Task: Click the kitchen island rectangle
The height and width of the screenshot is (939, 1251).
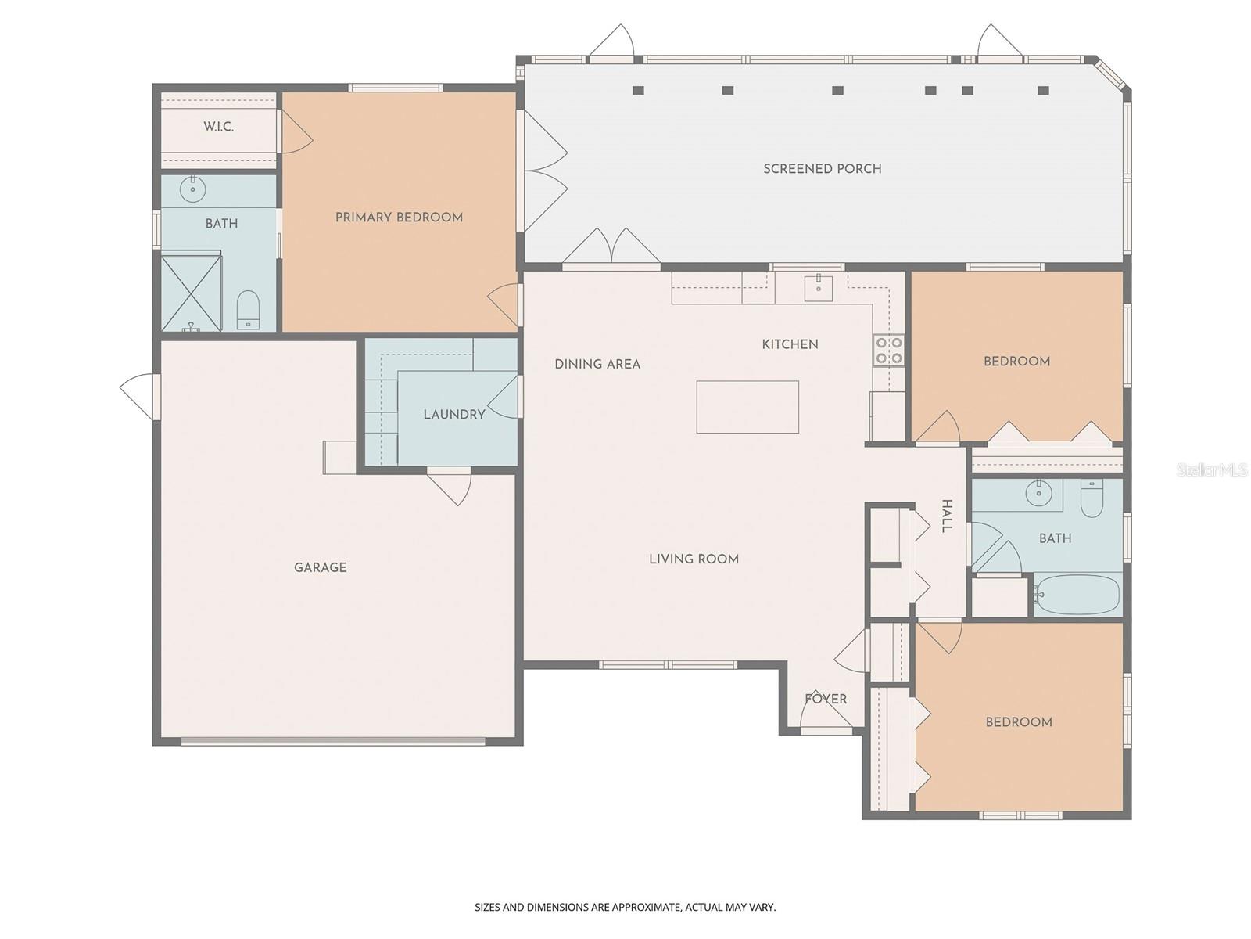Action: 747,407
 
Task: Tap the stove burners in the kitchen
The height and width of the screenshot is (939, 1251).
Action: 888,350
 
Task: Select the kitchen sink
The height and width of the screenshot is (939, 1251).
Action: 818,287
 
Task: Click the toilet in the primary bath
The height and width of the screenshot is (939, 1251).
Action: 248,310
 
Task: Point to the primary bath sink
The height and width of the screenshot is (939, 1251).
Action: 192,189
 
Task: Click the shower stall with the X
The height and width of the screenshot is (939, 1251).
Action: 191,290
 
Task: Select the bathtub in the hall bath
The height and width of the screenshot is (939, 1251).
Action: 1077,595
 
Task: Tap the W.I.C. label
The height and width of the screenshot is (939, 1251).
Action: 218,127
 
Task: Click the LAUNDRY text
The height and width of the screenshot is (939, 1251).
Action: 454,414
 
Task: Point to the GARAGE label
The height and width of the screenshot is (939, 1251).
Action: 320,567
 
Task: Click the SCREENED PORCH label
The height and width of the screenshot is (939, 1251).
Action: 822,168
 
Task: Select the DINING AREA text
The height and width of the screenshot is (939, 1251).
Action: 597,364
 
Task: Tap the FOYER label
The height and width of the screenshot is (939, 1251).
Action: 826,699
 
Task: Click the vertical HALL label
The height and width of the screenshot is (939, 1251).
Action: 946,516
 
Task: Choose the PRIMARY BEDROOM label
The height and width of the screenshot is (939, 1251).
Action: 399,218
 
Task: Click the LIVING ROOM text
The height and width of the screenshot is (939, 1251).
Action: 694,559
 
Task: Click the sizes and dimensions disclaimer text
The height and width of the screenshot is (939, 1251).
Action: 625,907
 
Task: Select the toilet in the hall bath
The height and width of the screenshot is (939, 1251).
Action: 1091,498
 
